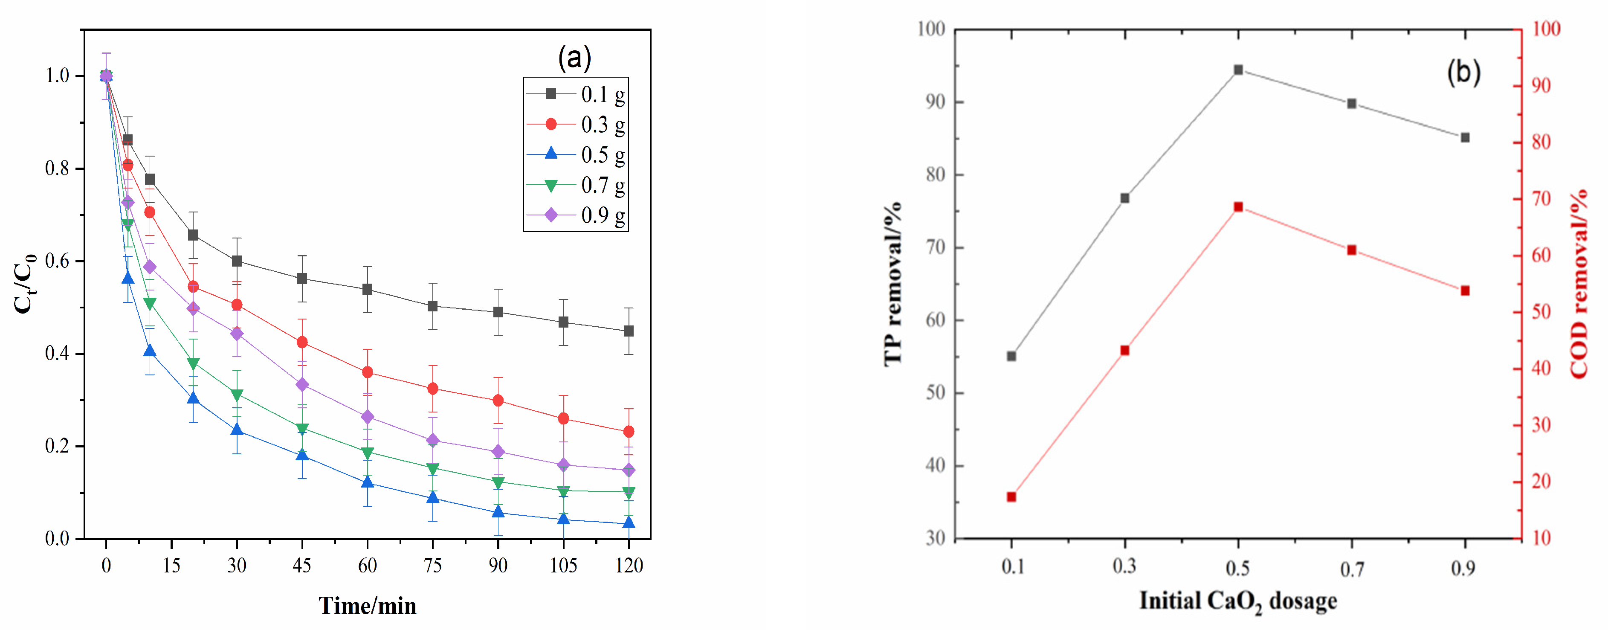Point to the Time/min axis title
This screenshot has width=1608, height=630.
(x=367, y=605)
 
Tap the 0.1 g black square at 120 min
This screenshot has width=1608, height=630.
(x=629, y=331)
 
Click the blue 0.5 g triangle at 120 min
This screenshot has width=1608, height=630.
(x=629, y=523)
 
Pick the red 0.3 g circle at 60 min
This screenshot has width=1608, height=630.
(x=367, y=372)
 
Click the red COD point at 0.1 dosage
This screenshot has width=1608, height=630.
(x=1011, y=497)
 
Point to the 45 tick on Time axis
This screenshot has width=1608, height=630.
(x=301, y=566)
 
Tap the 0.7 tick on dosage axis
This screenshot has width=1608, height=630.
(x=1351, y=568)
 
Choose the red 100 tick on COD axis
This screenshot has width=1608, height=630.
(x=1546, y=29)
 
